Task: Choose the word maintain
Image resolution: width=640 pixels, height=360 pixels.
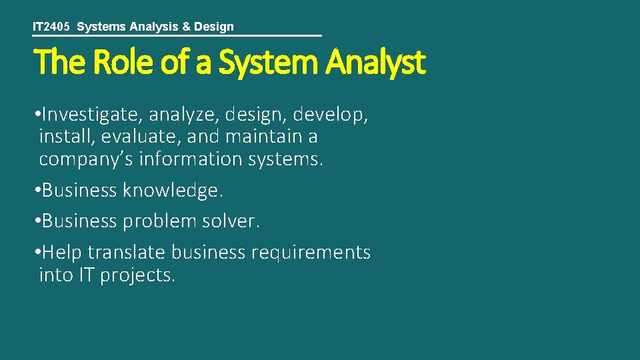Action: pyautogui.click(x=263, y=137)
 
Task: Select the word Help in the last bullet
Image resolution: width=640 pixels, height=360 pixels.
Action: pyautogui.click(x=62, y=253)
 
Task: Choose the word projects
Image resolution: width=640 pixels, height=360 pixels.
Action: pyautogui.click(x=137, y=275)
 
